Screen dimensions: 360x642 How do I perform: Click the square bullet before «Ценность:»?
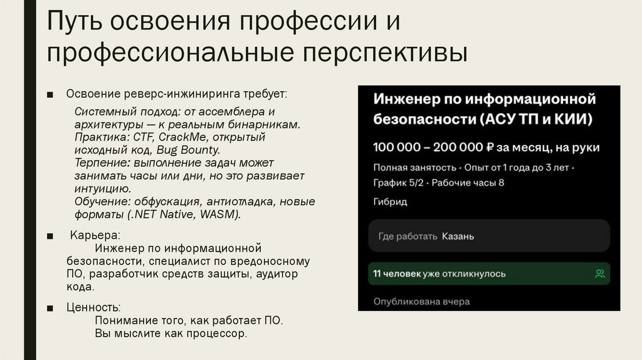(50, 308)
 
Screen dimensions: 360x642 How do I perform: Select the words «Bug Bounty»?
(188, 150)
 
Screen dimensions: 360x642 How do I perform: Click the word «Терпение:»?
(102, 162)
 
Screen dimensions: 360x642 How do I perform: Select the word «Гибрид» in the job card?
(390, 202)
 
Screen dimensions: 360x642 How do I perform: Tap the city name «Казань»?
(458, 236)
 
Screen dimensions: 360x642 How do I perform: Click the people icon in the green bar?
(599, 273)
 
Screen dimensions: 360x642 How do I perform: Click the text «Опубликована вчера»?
(421, 301)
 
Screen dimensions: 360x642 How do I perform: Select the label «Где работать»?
(408, 236)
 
